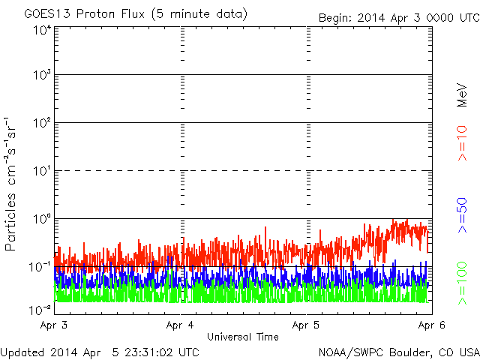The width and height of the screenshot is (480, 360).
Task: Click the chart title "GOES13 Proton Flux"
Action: pos(85,14)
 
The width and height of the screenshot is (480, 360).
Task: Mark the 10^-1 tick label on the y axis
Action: pos(40,267)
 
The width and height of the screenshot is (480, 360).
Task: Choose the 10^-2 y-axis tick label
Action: pos(40,310)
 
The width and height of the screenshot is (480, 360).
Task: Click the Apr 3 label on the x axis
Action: pos(54,325)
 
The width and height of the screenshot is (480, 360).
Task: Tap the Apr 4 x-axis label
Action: pos(180,325)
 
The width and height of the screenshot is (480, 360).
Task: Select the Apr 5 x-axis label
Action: pos(306,325)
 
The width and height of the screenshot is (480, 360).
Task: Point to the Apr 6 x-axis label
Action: pos(432,325)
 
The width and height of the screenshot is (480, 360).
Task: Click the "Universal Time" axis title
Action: pos(243,337)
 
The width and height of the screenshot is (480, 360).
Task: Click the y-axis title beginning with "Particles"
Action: pos(10,184)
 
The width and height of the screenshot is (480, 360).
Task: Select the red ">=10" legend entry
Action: pos(463,143)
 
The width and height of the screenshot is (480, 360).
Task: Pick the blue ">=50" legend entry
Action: pos(463,215)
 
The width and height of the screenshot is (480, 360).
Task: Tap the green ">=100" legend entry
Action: pos(463,283)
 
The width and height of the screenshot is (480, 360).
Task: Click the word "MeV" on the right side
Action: pos(462,95)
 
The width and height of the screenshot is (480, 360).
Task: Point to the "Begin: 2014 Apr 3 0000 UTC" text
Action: pos(399,18)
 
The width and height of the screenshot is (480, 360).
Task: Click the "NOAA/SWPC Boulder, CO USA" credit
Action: pos(399,352)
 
